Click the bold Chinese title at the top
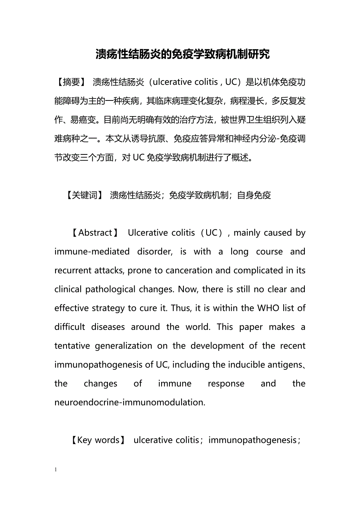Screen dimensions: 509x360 tap(183, 54)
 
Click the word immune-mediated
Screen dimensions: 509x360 tap(92, 252)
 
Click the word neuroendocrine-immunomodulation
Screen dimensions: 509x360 tap(130, 402)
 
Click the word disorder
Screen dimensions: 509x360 tap(155, 252)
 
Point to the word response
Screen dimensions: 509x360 tap(226, 384)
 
